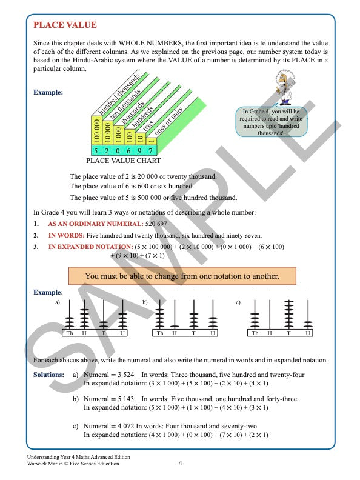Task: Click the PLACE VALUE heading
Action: click(x=65, y=25)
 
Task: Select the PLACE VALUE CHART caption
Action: click(x=123, y=161)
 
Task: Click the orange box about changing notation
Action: click(x=182, y=276)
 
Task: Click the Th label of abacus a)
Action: click(x=70, y=333)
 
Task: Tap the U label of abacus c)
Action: click(x=307, y=333)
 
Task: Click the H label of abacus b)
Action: click(x=175, y=333)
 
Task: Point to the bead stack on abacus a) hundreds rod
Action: click(x=85, y=318)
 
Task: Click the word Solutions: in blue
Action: click(x=48, y=375)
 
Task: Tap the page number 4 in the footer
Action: click(x=180, y=464)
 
